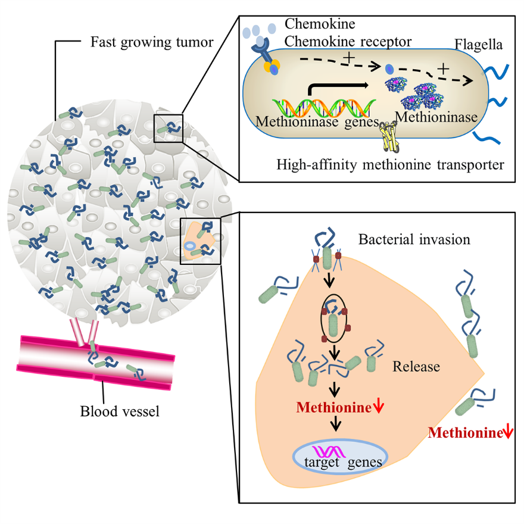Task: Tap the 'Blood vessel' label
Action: click(x=120, y=410)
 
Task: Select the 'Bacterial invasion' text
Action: click(x=414, y=240)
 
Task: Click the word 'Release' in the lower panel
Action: click(x=416, y=366)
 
